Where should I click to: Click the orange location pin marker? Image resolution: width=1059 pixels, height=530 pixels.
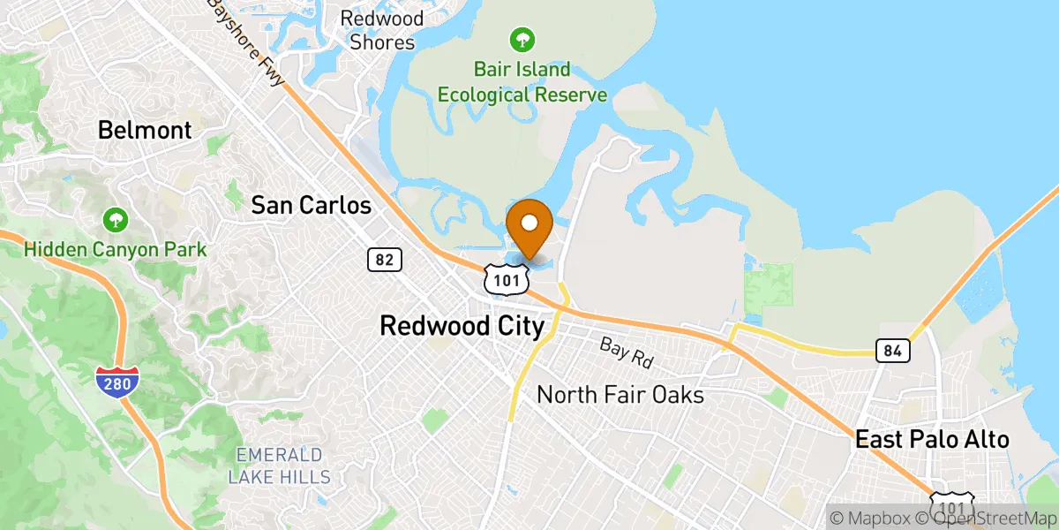(529, 226)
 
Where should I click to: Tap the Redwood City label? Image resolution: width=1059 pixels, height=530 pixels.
(462, 326)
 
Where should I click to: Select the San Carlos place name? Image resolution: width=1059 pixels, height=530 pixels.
(311, 206)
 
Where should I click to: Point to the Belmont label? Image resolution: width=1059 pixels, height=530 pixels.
(145, 131)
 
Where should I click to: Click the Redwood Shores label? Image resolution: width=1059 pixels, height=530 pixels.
(382, 30)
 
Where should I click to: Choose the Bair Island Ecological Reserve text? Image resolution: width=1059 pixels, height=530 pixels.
(522, 82)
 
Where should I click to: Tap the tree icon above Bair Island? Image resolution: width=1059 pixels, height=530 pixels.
(522, 39)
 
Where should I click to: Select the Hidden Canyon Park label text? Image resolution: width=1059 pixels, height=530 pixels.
(115, 250)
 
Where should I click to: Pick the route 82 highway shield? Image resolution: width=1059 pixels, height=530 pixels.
(385, 259)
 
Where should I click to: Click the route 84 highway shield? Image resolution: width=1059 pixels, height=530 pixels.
(893, 351)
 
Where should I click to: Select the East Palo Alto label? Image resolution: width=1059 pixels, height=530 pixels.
(932, 440)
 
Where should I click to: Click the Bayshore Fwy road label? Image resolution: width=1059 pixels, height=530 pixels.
(246, 42)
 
